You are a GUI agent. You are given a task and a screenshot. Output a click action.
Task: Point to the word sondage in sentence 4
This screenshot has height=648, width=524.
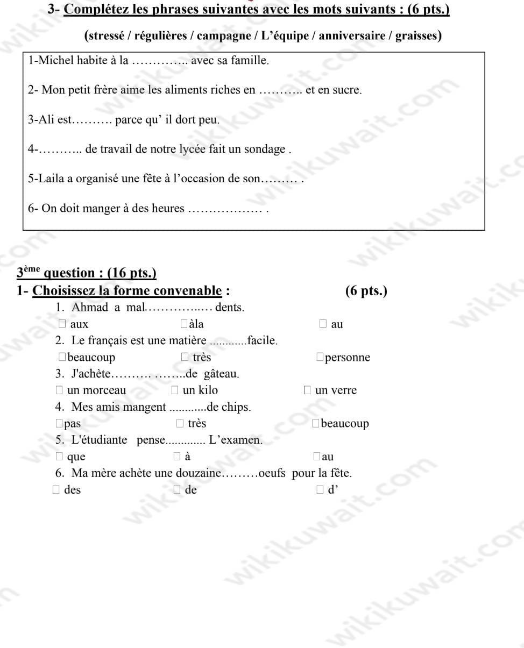265,149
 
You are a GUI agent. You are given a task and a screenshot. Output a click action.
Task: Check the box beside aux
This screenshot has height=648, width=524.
62,324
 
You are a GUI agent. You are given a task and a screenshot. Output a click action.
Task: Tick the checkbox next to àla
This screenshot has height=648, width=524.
184,324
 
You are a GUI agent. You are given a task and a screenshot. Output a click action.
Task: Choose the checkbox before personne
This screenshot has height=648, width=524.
320,357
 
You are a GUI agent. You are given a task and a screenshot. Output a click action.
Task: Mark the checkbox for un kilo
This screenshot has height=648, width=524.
175,390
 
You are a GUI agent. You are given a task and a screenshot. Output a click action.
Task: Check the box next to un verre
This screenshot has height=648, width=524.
307,390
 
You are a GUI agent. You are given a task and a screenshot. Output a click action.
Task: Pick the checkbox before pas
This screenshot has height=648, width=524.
59,423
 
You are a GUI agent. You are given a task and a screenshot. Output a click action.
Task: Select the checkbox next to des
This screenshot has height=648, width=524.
56,489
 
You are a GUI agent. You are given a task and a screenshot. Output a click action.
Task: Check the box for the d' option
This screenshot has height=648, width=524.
320,489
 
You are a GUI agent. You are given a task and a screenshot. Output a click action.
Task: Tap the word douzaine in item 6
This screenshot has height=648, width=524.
200,473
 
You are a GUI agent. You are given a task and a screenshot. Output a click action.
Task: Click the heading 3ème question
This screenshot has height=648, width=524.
86,273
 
